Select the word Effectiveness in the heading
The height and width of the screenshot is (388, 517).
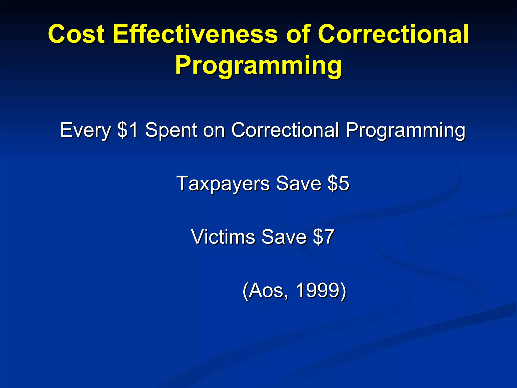pyautogui.click(x=195, y=34)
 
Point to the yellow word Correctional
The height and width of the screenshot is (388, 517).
pyautogui.click(x=393, y=34)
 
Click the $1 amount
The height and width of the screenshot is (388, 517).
pyautogui.click(x=128, y=130)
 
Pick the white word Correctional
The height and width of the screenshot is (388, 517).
pyautogui.click(x=285, y=130)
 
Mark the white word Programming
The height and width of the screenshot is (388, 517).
pyautogui.click(x=405, y=130)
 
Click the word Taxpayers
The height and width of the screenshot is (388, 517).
pyautogui.click(x=223, y=184)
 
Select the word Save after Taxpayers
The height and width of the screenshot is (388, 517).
pyautogui.click(x=299, y=184)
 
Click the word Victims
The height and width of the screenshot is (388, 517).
pyautogui.click(x=223, y=237)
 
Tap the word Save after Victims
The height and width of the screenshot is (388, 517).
pyautogui.click(x=284, y=237)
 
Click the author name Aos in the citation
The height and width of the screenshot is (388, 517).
pyautogui.click(x=268, y=290)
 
